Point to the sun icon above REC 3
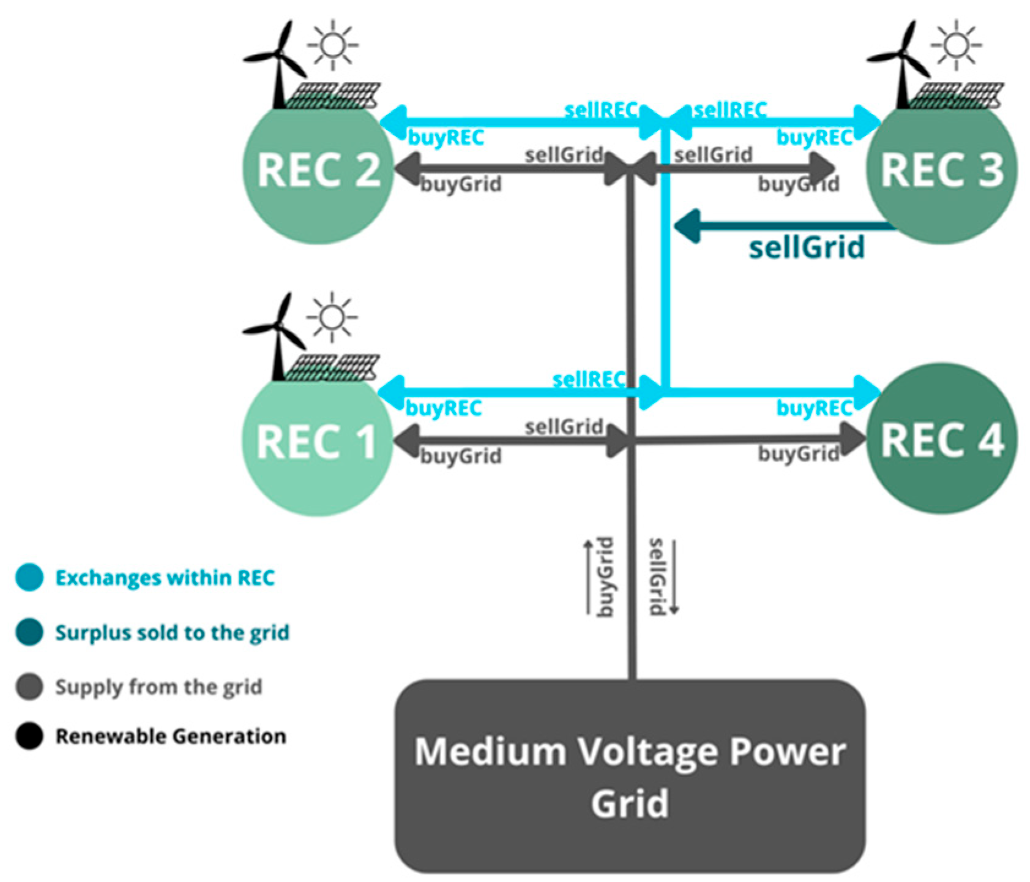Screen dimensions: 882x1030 click(x=955, y=45)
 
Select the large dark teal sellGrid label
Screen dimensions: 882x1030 click(x=807, y=247)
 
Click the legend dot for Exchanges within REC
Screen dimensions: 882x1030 click(x=29, y=577)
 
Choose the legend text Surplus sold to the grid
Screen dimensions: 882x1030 click(x=172, y=633)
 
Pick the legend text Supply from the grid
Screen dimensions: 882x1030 click(x=159, y=687)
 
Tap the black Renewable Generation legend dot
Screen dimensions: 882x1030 click(x=29, y=736)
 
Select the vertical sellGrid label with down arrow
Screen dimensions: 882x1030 click(x=660, y=577)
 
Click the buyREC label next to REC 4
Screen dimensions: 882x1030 click(x=814, y=408)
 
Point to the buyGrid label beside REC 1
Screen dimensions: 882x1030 click(x=461, y=456)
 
